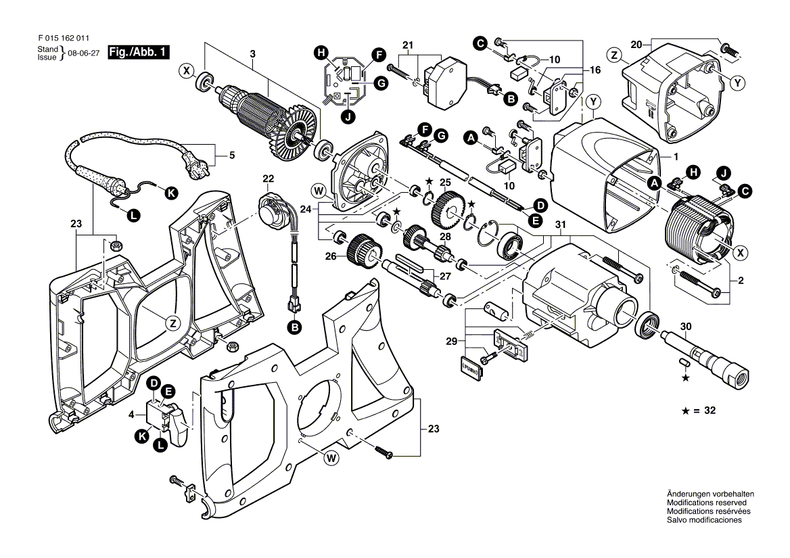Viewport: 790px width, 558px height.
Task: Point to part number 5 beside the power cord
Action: pyautogui.click(x=232, y=156)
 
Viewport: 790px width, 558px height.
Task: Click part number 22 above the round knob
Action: pyautogui.click(x=269, y=179)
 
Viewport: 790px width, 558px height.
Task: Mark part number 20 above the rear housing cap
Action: pyautogui.click(x=635, y=45)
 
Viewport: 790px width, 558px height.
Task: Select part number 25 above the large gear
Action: pyautogui.click(x=444, y=183)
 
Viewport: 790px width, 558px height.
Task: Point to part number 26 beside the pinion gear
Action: pyautogui.click(x=330, y=256)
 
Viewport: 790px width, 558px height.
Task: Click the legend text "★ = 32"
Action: pyautogui.click(x=701, y=411)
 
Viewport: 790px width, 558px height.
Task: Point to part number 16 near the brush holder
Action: pyautogui.click(x=595, y=70)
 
